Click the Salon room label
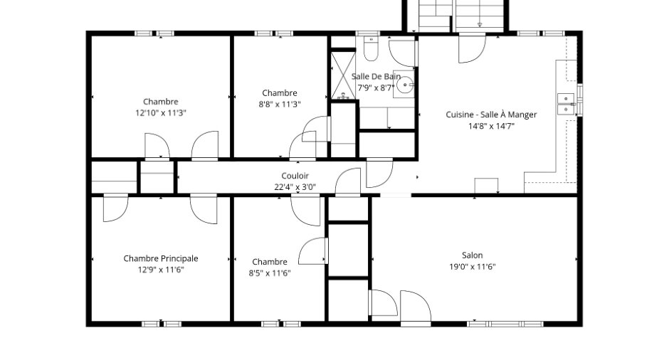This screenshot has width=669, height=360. pos(473,255)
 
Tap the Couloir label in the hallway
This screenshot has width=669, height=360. pos(295,176)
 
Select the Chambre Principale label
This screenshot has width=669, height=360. pos(161,258)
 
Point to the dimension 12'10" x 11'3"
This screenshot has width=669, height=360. pos(161,113)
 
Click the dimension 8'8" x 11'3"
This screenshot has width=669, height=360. pos(280,104)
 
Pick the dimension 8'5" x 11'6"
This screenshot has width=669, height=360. pos(270,273)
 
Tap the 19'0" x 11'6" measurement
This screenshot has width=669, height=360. pos(473,267)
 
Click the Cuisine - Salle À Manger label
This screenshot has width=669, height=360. pos(492,115)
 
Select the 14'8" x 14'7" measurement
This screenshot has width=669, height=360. pos(492,126)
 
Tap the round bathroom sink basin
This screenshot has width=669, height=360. pos(404,85)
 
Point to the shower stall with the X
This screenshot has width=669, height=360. pos(343,75)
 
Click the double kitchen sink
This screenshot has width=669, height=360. pos(567,104)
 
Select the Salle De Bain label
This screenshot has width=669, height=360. pos(376,76)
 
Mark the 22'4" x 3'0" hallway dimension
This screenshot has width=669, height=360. pos(295,187)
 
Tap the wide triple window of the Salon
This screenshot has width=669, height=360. pos(505,324)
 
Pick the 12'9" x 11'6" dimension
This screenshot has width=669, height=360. pos(161,270)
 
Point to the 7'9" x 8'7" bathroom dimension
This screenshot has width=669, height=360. pos(376,88)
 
